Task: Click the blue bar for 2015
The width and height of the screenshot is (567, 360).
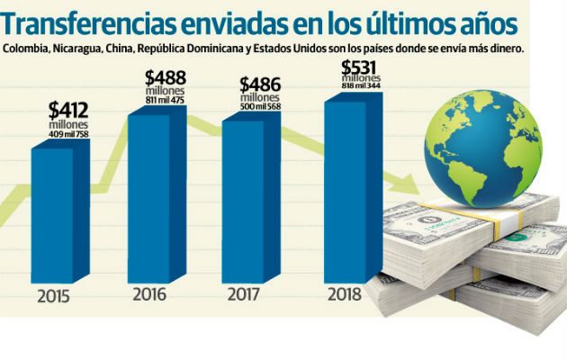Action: point(61,216)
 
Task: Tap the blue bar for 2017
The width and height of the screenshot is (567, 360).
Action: point(253,198)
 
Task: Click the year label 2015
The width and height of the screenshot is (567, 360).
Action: point(55,296)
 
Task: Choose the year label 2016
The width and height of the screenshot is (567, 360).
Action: point(150,293)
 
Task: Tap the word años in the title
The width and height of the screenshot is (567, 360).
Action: point(483,20)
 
